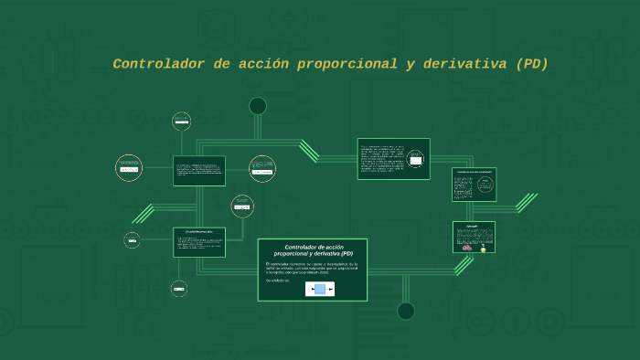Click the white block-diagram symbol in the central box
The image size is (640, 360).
320,289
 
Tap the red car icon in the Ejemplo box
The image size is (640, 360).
467,248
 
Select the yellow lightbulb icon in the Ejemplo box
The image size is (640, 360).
483,248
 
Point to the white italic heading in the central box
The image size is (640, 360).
313,249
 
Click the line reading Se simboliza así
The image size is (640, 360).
278,281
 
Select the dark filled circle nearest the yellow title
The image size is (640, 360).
258,106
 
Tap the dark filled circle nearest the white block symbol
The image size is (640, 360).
406,311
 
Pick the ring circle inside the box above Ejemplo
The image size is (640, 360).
482,184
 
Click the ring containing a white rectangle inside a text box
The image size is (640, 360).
417,160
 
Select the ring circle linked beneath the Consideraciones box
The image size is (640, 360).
179,289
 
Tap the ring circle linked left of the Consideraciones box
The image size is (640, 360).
133,240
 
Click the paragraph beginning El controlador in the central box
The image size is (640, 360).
312,267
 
